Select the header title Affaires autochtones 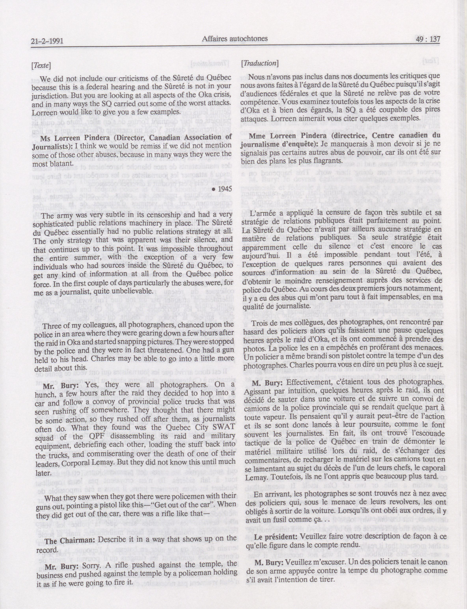(235, 39)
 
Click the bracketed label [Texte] (41, 66)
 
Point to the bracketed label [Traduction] (260, 63)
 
